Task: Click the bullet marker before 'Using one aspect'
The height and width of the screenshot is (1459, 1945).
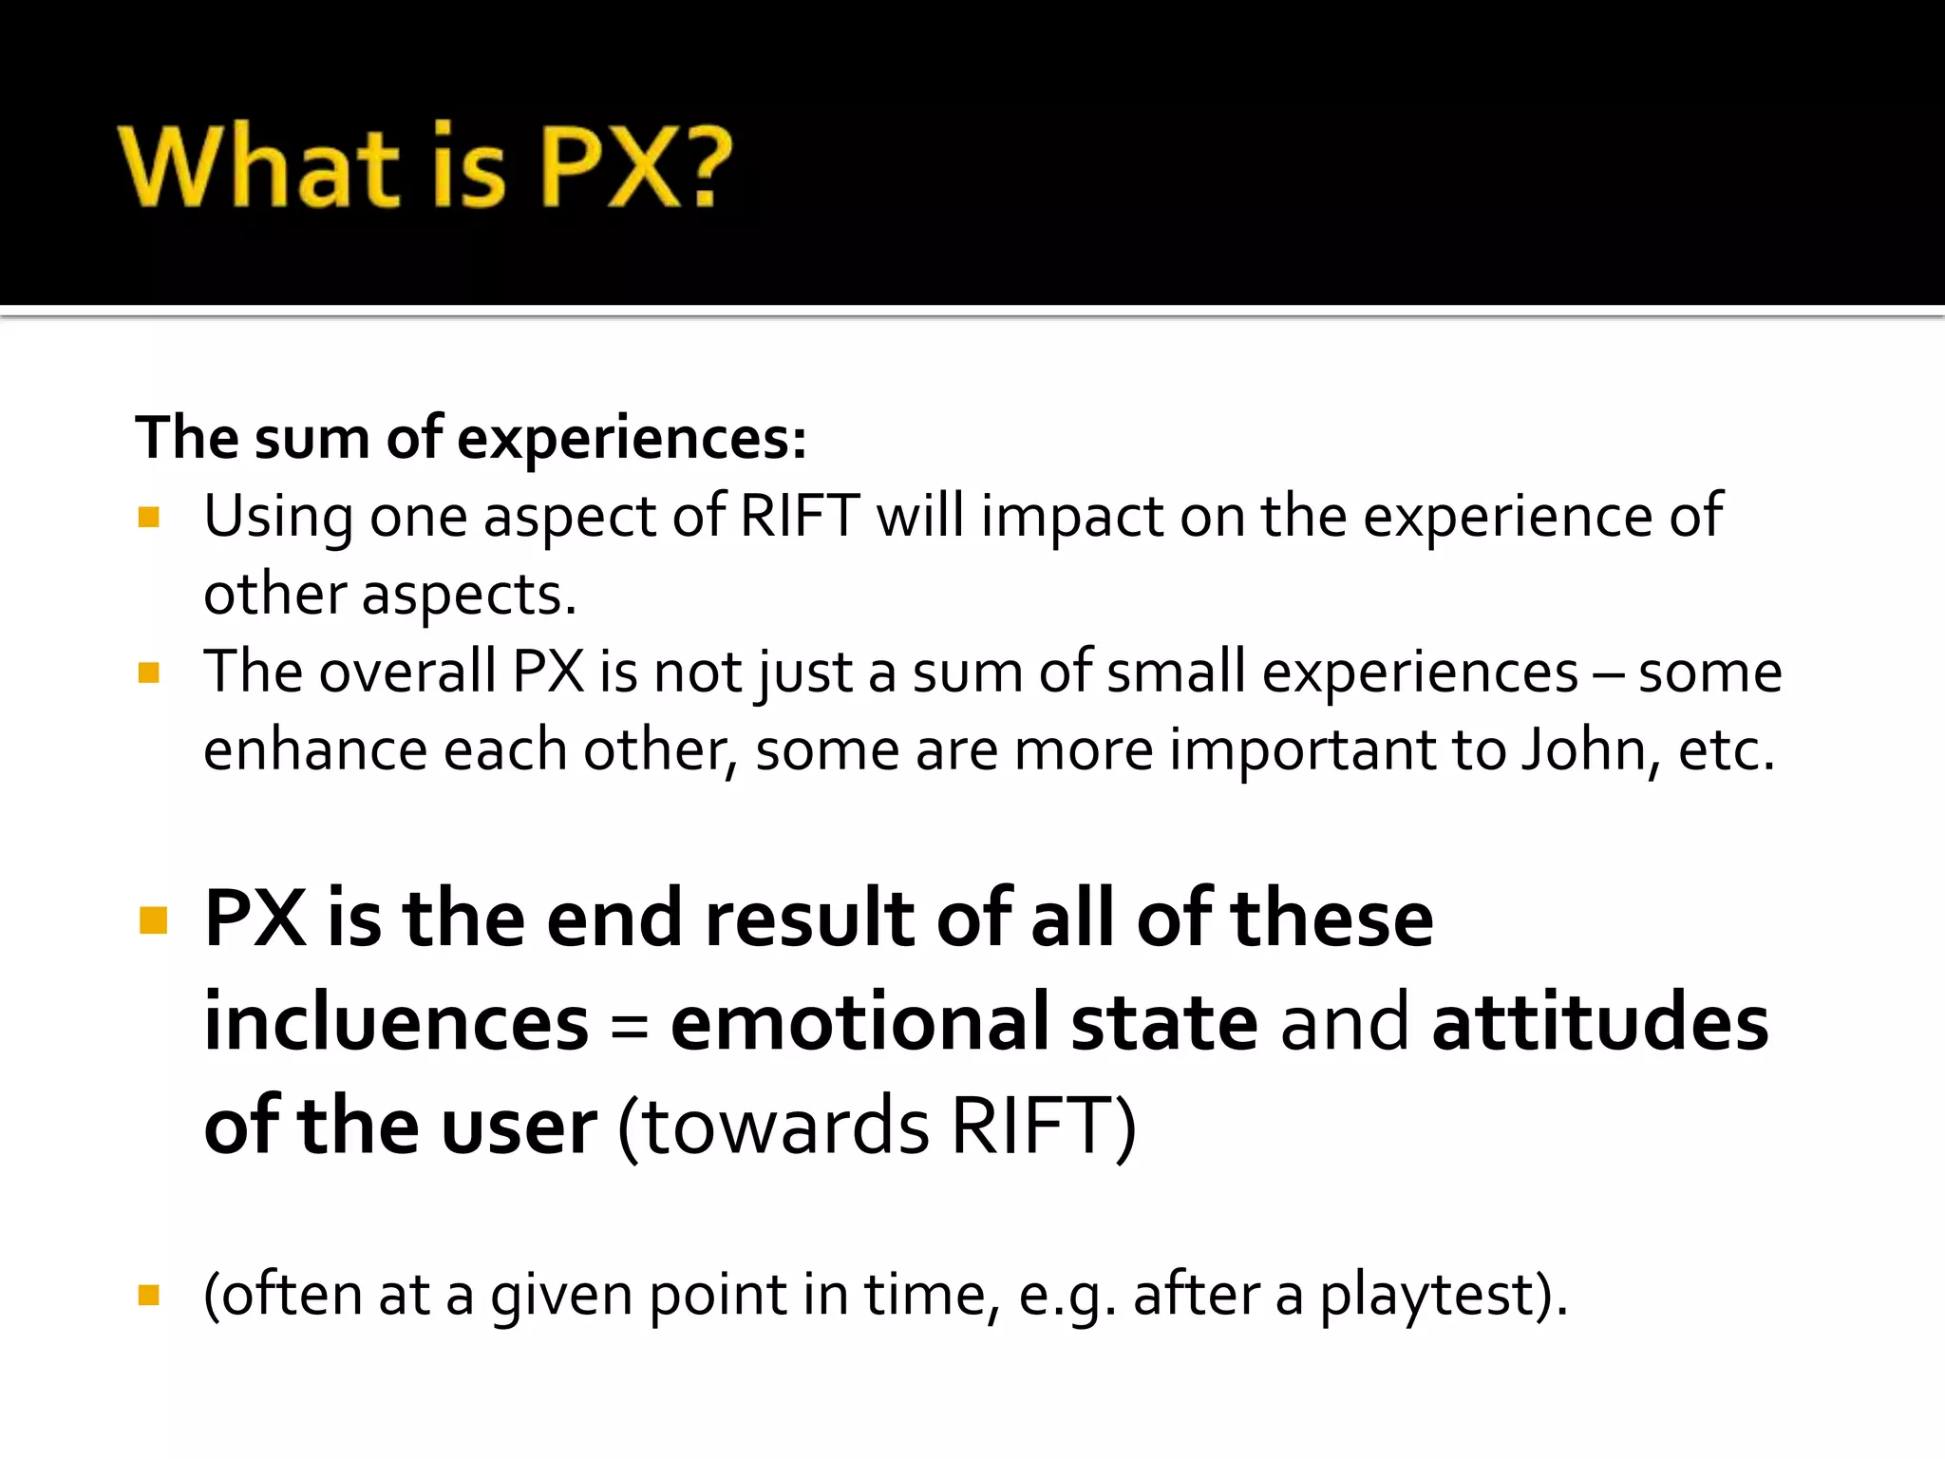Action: pyautogui.click(x=149, y=517)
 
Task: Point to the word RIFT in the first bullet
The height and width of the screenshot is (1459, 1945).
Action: pyautogui.click(x=799, y=517)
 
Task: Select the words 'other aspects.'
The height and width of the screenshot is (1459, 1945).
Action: pyautogui.click(x=390, y=596)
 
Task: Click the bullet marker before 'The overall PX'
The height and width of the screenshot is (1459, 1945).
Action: pyautogui.click(x=149, y=673)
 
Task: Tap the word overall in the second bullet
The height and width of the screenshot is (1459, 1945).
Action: pyautogui.click(x=407, y=673)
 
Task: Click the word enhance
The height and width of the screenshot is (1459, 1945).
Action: pyautogui.click(x=314, y=750)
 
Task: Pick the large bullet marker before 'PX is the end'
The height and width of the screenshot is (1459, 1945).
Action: pyautogui.click(x=153, y=920)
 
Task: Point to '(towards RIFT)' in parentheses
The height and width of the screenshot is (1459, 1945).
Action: pyautogui.click(x=877, y=1127)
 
